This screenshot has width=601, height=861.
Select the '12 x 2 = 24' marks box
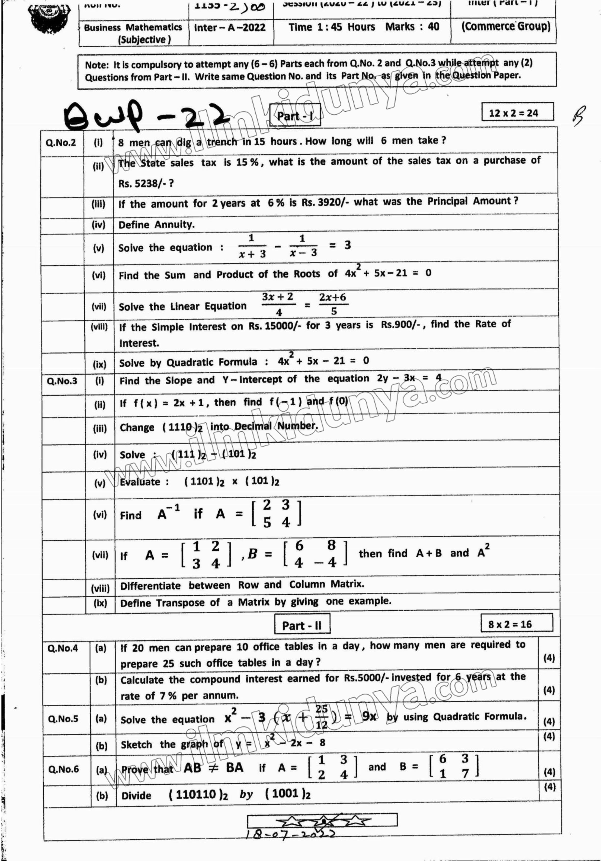[517, 113]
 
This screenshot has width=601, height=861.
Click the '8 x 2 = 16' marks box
[516, 624]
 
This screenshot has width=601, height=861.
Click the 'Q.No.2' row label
[61, 143]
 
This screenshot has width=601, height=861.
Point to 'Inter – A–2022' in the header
[229, 28]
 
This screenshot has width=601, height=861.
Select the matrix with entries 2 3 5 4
[276, 513]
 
